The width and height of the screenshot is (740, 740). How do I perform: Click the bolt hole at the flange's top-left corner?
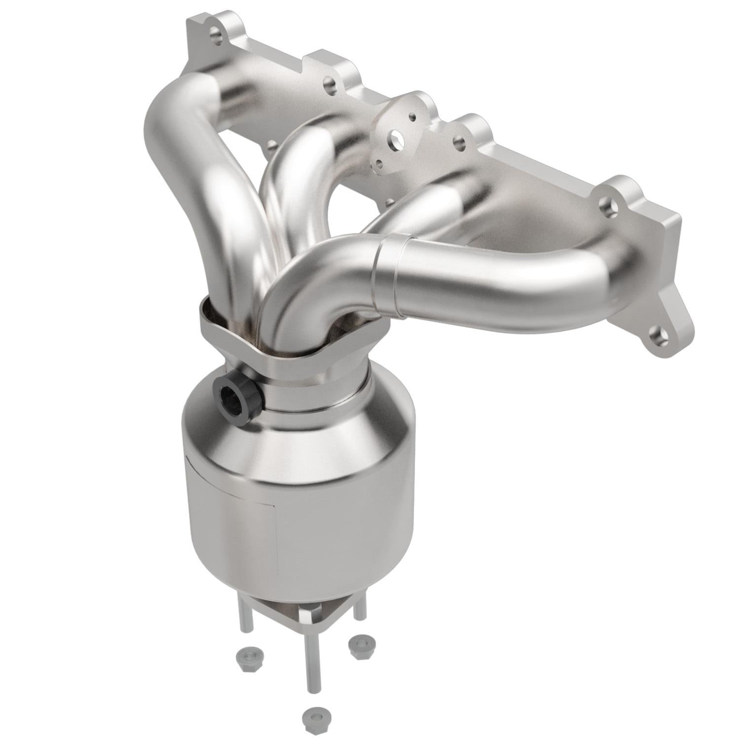215,34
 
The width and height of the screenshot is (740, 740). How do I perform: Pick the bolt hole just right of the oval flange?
459,143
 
